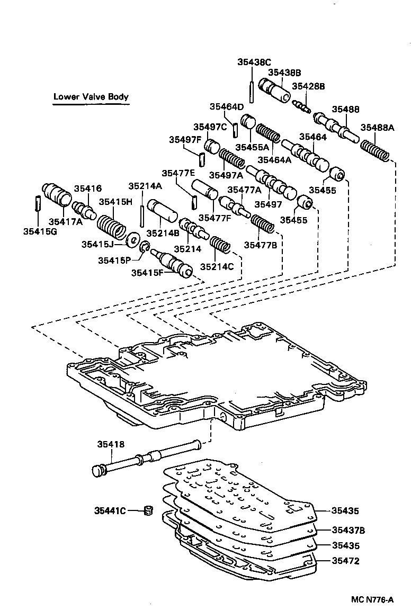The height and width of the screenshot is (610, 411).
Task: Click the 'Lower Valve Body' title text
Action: click(91, 97)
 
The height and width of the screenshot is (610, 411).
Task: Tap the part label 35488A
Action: click(378, 128)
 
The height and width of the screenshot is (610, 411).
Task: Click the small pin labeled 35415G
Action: click(38, 203)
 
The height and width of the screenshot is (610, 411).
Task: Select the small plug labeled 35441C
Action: click(148, 510)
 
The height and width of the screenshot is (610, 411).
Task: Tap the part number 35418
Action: click(110, 445)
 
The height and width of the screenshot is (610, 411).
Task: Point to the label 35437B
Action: click(349, 530)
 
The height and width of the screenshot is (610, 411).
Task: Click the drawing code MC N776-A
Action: click(372, 599)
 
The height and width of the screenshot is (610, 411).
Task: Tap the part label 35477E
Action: click(178, 173)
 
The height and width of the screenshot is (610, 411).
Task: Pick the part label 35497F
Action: click(185, 140)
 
